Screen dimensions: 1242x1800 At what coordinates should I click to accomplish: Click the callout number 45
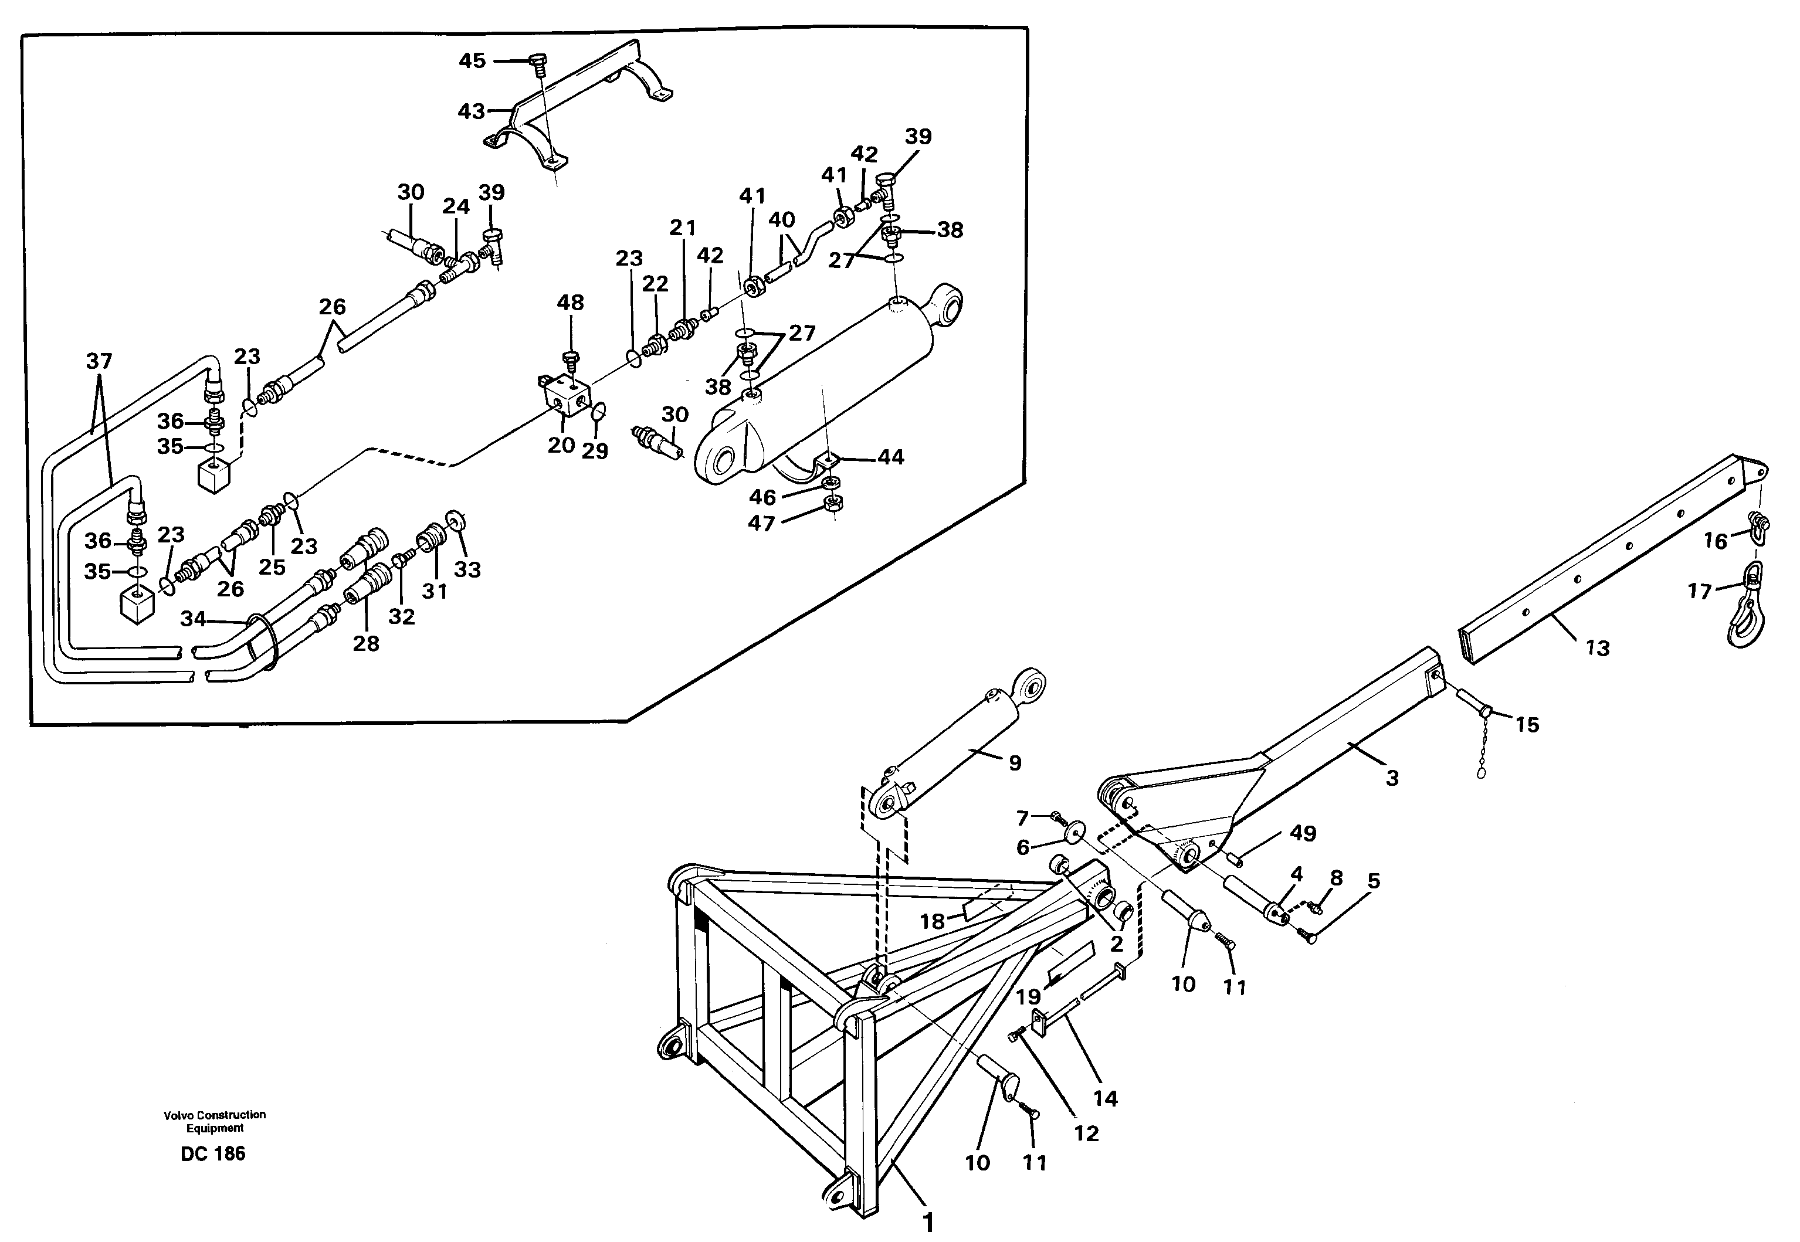tap(472, 61)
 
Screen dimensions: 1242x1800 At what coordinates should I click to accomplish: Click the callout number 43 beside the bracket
tap(472, 112)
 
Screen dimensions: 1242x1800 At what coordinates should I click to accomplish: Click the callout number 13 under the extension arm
tap(1598, 647)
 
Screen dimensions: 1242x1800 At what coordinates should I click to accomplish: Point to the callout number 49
tap(1303, 833)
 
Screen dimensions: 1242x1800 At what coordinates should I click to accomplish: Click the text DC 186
tap(212, 1153)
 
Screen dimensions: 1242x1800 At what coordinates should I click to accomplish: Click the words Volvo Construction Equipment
tap(214, 1121)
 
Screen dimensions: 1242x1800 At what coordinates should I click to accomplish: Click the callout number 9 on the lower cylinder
tap(1014, 763)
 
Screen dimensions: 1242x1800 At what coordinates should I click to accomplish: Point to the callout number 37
tap(99, 361)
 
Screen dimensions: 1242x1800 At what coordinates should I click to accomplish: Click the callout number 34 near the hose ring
tap(193, 619)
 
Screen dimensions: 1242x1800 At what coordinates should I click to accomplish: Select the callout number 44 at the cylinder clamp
tap(890, 457)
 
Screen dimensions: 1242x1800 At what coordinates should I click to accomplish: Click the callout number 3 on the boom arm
tap(1392, 778)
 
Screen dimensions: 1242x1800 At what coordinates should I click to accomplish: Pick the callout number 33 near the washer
tap(467, 569)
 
